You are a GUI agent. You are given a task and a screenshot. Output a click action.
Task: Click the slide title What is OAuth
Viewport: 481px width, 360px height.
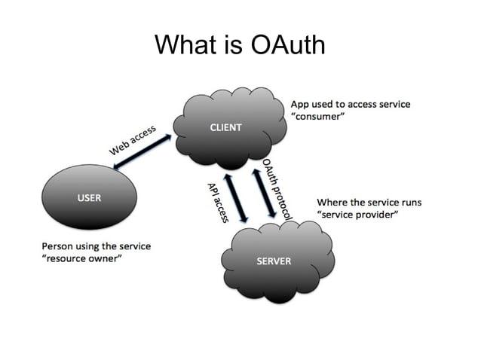240,45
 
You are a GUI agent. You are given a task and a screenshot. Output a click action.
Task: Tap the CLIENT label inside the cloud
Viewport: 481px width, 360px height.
225,127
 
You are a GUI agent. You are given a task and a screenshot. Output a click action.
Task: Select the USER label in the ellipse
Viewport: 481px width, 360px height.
90,197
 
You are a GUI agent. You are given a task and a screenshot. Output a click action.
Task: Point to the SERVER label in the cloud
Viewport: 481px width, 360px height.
274,261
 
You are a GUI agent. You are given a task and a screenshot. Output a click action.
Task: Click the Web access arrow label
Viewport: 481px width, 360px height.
133,141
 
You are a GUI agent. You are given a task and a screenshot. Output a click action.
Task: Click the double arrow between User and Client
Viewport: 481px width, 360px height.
145,154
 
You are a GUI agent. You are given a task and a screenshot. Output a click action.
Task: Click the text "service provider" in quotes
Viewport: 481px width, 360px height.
357,215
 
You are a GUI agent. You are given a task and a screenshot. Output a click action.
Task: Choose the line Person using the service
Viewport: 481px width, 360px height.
96,246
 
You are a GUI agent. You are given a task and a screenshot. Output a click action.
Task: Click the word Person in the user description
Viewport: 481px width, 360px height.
57,246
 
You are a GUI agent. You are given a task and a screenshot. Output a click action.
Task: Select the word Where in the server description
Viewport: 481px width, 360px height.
332,202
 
